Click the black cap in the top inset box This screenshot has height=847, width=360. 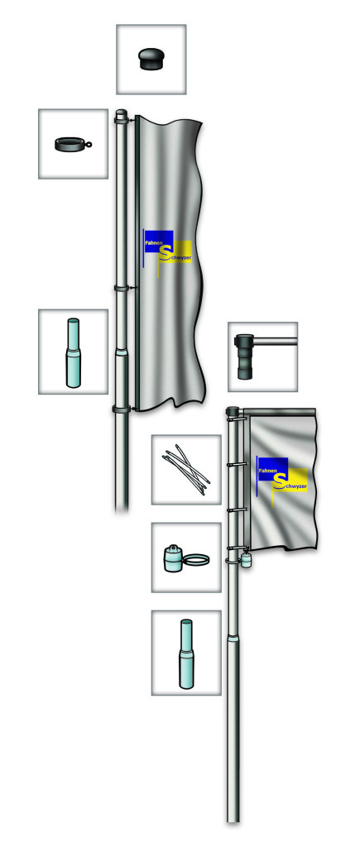[x=151, y=59]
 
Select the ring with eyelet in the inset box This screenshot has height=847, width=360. [x=73, y=144]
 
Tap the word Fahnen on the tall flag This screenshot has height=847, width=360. [x=153, y=244]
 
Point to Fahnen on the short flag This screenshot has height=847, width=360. [x=267, y=471]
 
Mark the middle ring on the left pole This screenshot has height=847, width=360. [x=123, y=289]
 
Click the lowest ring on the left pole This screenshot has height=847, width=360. [x=123, y=409]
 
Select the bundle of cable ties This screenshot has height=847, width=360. [x=186, y=468]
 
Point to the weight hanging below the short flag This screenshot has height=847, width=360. [x=247, y=559]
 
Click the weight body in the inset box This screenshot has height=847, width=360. [x=174, y=557]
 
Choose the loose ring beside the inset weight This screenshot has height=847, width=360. [x=196, y=562]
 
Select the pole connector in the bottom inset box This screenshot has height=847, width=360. [x=186, y=654]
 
